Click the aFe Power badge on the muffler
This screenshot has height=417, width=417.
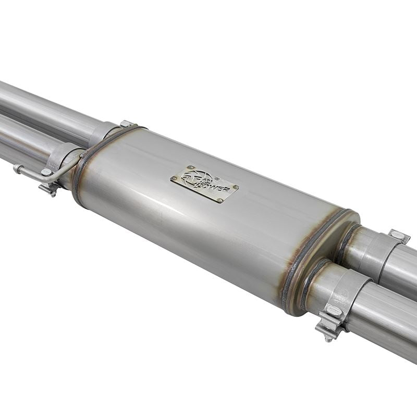click(204, 185)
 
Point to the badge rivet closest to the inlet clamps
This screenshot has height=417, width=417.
click(176, 178)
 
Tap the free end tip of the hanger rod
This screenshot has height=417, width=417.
click(16, 167)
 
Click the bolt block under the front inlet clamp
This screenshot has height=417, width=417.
click(50, 188)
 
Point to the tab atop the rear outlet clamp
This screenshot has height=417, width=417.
click(399, 236)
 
